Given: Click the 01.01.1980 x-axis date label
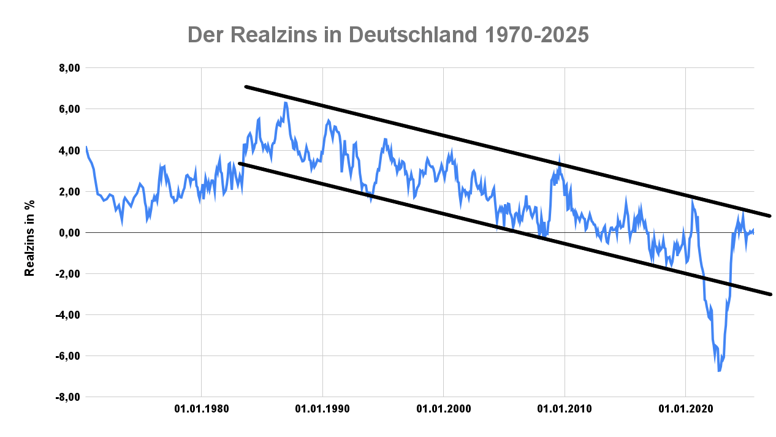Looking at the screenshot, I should [x=201, y=408].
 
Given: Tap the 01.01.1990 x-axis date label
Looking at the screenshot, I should [x=322, y=408].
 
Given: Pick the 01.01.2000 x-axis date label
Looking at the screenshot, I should [x=443, y=408].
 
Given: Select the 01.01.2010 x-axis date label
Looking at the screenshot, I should [x=564, y=408].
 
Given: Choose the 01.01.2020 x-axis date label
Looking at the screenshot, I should [x=685, y=408].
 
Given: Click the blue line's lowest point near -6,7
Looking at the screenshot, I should [x=719, y=370].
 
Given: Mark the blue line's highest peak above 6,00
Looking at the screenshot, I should [x=285, y=103].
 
